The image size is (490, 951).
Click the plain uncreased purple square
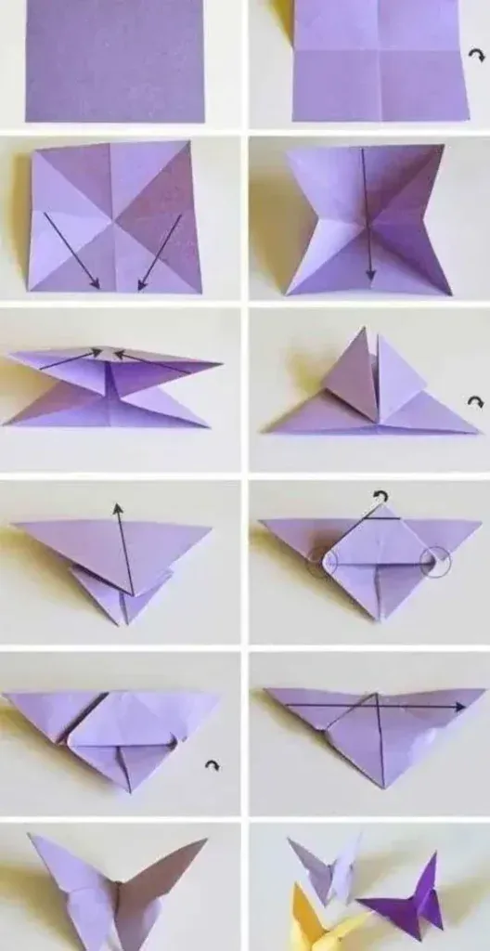(114, 59)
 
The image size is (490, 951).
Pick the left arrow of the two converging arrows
(70, 360)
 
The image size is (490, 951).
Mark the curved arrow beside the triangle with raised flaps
(476, 402)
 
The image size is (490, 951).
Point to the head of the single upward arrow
(118, 508)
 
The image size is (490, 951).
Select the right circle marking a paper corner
(434, 560)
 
